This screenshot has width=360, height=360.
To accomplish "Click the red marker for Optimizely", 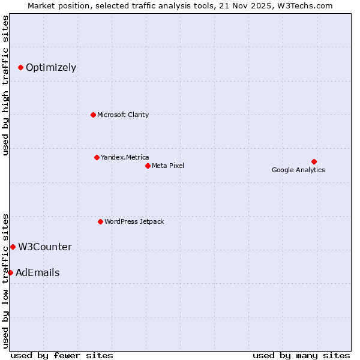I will [x=20, y=67].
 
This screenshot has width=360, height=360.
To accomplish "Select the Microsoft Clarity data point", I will [x=93, y=115].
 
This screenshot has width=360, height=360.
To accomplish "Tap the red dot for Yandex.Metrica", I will [x=97, y=157].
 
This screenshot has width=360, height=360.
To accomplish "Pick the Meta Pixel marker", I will [x=148, y=166].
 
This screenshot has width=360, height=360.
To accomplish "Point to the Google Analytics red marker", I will [x=314, y=161].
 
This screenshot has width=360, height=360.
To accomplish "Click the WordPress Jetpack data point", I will [x=100, y=221].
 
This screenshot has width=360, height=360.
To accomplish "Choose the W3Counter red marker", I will [x=13, y=247].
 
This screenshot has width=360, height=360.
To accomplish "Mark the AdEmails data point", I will [x=10, y=272].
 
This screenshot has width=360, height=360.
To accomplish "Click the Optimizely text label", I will [x=51, y=67].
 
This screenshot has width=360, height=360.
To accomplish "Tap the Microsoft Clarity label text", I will [x=123, y=115].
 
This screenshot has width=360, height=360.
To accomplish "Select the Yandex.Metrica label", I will [x=125, y=157].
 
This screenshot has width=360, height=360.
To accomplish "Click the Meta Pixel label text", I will [x=168, y=166].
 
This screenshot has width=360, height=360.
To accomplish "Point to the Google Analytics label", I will [x=298, y=170].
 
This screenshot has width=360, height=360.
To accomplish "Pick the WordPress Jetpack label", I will [x=134, y=221].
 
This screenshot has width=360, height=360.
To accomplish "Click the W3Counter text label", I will [x=45, y=247].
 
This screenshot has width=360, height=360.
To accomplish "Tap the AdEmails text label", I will [x=38, y=272].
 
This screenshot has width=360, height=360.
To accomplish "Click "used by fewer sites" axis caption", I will [x=62, y=355].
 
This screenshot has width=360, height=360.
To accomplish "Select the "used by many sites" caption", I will [x=301, y=355].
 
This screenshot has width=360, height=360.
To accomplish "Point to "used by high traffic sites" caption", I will [x=5, y=86].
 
